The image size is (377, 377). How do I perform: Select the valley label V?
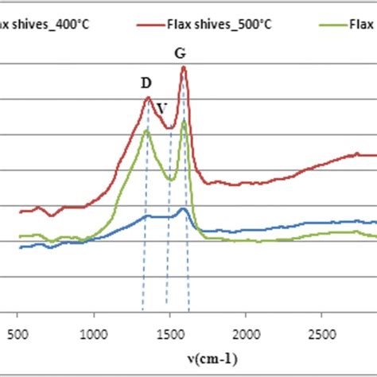point(162,107)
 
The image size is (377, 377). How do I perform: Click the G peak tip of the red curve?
point(184,67)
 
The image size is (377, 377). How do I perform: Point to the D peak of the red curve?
point(148,98)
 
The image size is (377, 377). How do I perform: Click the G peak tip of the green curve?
point(184,121)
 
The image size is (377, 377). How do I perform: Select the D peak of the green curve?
point(146,130)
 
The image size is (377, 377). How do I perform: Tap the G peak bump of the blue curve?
point(183,208)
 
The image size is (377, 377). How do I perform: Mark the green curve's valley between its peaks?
point(169,180)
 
